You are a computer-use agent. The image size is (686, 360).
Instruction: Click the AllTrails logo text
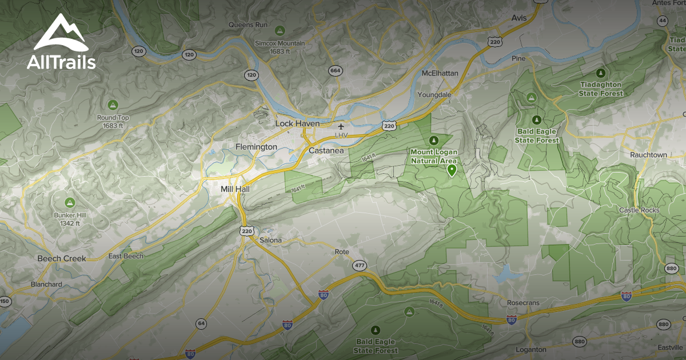pyautogui.click(x=61, y=62)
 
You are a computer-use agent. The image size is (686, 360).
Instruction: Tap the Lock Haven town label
pyautogui.click(x=297, y=123)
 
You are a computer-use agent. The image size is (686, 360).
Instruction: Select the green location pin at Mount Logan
pyautogui.click(x=452, y=170)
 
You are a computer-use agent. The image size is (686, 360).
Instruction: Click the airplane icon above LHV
pyautogui.click(x=341, y=126)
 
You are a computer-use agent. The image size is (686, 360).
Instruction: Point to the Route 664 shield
pyautogui.click(x=336, y=71)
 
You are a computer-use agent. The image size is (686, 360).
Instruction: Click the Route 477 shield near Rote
pyautogui.click(x=360, y=265)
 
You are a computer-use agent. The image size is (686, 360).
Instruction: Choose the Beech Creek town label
pyautogui.click(x=62, y=258)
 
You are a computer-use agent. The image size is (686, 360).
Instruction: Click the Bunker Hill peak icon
pyautogui.click(x=70, y=202)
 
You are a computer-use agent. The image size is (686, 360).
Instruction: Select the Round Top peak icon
pyautogui.click(x=113, y=105)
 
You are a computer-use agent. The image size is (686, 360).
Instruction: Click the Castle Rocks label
pyautogui.click(x=639, y=210)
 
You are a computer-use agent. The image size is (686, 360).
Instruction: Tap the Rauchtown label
pyautogui.click(x=648, y=155)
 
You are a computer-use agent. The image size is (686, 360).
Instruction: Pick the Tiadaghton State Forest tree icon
pyautogui.click(x=600, y=73)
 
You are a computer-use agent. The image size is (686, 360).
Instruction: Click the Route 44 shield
pyautogui.click(x=663, y=21)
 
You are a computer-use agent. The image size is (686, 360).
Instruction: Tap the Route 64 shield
pyautogui.click(x=201, y=323)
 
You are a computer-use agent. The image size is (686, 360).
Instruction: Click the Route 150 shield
pyautogui.click(x=5, y=301)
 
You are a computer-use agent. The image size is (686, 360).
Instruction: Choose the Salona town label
pyautogui.click(x=271, y=240)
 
